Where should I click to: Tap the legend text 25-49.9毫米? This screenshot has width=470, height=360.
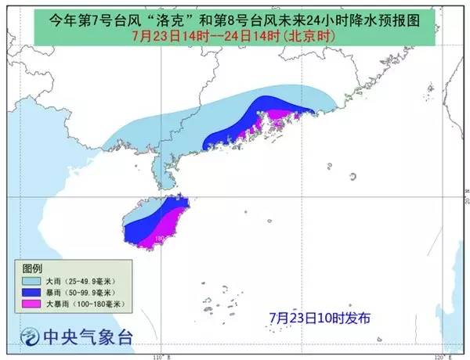point(90,279)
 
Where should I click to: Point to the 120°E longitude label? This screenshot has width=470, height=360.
point(442,356)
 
